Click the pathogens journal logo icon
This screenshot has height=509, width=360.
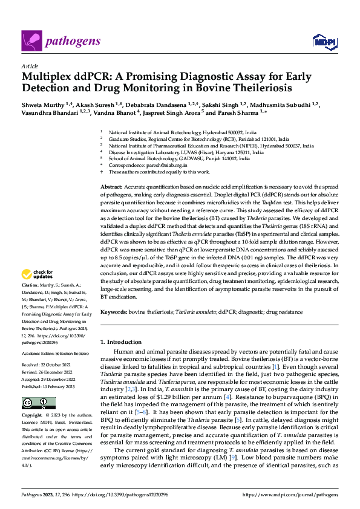click(30, 41)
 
